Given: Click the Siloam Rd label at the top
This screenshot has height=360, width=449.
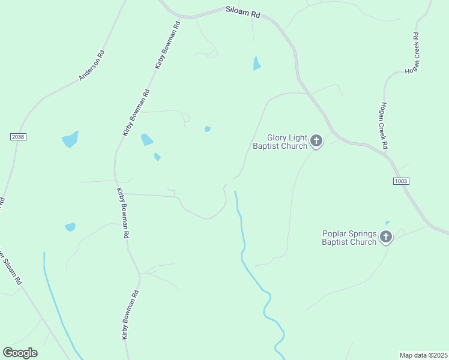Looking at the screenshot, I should coord(243,13).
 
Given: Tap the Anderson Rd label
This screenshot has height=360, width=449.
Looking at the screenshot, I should coord(92,65).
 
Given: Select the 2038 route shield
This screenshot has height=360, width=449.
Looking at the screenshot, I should coord(18,137).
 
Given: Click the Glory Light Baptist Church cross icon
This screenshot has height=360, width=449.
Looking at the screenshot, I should coord(316,142).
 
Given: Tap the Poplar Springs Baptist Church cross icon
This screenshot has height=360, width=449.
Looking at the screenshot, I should coord(385,238).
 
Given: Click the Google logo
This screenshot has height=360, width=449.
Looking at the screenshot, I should coord(20,353).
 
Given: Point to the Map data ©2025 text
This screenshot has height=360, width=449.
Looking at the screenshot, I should coord(423,355).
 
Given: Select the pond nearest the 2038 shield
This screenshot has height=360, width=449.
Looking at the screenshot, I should coord(70,139).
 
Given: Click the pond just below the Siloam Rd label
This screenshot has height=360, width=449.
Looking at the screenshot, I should coord(257,63).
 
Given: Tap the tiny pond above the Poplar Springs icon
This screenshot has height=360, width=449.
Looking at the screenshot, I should coord(388,223).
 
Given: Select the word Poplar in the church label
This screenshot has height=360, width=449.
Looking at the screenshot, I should coord(335,233).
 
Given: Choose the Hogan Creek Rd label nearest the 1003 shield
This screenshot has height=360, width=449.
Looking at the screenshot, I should coord(384,125).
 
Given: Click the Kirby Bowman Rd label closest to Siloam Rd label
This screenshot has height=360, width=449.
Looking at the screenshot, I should coord(167,45).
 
